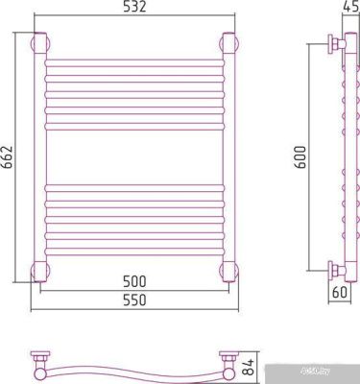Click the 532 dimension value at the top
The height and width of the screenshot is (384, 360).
pos(134,9)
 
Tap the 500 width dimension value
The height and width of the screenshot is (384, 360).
pos(134,282)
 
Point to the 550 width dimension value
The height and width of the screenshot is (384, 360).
pos(134,300)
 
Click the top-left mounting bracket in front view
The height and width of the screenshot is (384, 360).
pos(41,43)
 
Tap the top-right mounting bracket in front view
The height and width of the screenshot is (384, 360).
pos(229,43)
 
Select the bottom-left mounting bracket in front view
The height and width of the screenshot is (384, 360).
pos(41,269)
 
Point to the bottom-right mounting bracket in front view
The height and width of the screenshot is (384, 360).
pos(229,269)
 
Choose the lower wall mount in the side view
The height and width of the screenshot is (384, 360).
pos(333,269)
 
